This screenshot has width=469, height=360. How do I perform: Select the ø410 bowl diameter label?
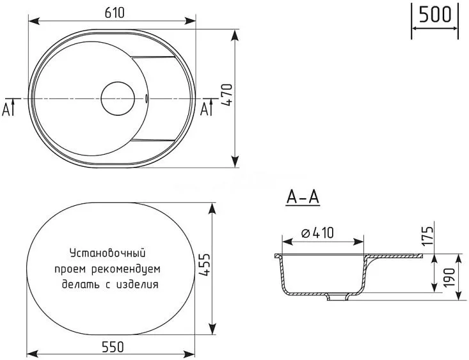319,234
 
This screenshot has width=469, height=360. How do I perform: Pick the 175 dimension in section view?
429,236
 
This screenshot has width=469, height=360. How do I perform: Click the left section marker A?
8,109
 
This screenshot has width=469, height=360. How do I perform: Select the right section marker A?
206,109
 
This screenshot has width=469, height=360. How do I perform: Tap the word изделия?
137,284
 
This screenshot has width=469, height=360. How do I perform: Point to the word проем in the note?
70,269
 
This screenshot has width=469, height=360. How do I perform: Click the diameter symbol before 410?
305,235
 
